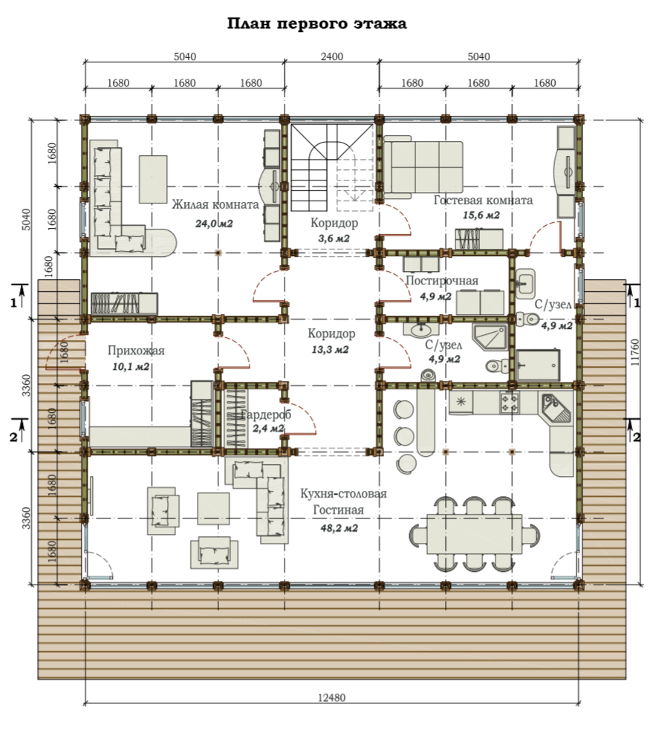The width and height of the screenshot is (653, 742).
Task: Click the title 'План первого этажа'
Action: (x=316, y=24)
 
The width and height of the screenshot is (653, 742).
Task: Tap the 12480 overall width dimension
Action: (x=331, y=697)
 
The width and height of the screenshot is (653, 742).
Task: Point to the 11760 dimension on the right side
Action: (x=635, y=352)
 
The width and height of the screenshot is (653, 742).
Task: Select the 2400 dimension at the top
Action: (x=332, y=56)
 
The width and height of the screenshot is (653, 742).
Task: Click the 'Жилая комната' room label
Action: (x=215, y=204)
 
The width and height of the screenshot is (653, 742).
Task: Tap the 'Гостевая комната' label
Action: (x=483, y=201)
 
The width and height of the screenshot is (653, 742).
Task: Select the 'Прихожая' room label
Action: (x=136, y=351)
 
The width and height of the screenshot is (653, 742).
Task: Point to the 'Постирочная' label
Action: (x=442, y=281)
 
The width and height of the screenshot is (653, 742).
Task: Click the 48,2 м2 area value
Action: (x=339, y=527)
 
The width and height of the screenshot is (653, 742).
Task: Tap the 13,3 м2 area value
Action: (x=330, y=350)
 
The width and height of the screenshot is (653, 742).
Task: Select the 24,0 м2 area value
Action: (x=214, y=224)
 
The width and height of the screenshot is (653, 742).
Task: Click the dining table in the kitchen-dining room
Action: (x=475, y=534)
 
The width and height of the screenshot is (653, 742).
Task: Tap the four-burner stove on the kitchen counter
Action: (x=510, y=403)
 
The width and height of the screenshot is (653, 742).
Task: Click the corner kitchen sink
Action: (x=556, y=409)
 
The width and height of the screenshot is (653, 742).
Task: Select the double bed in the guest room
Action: (x=423, y=167)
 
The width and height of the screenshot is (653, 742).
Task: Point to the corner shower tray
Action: (x=490, y=336)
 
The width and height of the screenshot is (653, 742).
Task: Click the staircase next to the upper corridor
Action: (x=331, y=168)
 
